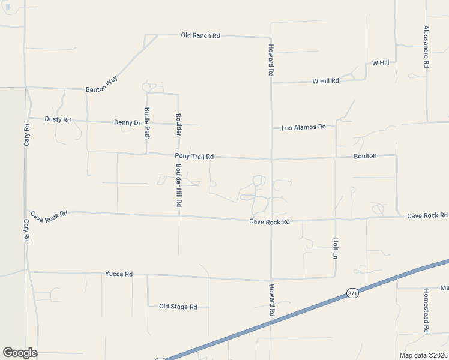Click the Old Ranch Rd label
tap(200, 35)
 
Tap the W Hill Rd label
tap(325, 80)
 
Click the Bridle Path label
tap(147, 122)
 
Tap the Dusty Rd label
tap(58, 119)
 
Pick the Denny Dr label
tap(127, 122)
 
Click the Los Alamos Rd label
tap(303, 127)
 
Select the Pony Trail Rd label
tap(194, 157)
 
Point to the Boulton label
tap(365, 156)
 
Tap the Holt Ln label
tap(335, 248)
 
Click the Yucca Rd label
tap(118, 274)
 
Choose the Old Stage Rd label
tap(178, 307)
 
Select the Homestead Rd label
tap(426, 311)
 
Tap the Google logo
tap(20, 353)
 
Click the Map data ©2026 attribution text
tap(423, 355)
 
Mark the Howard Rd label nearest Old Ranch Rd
tap(271, 59)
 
